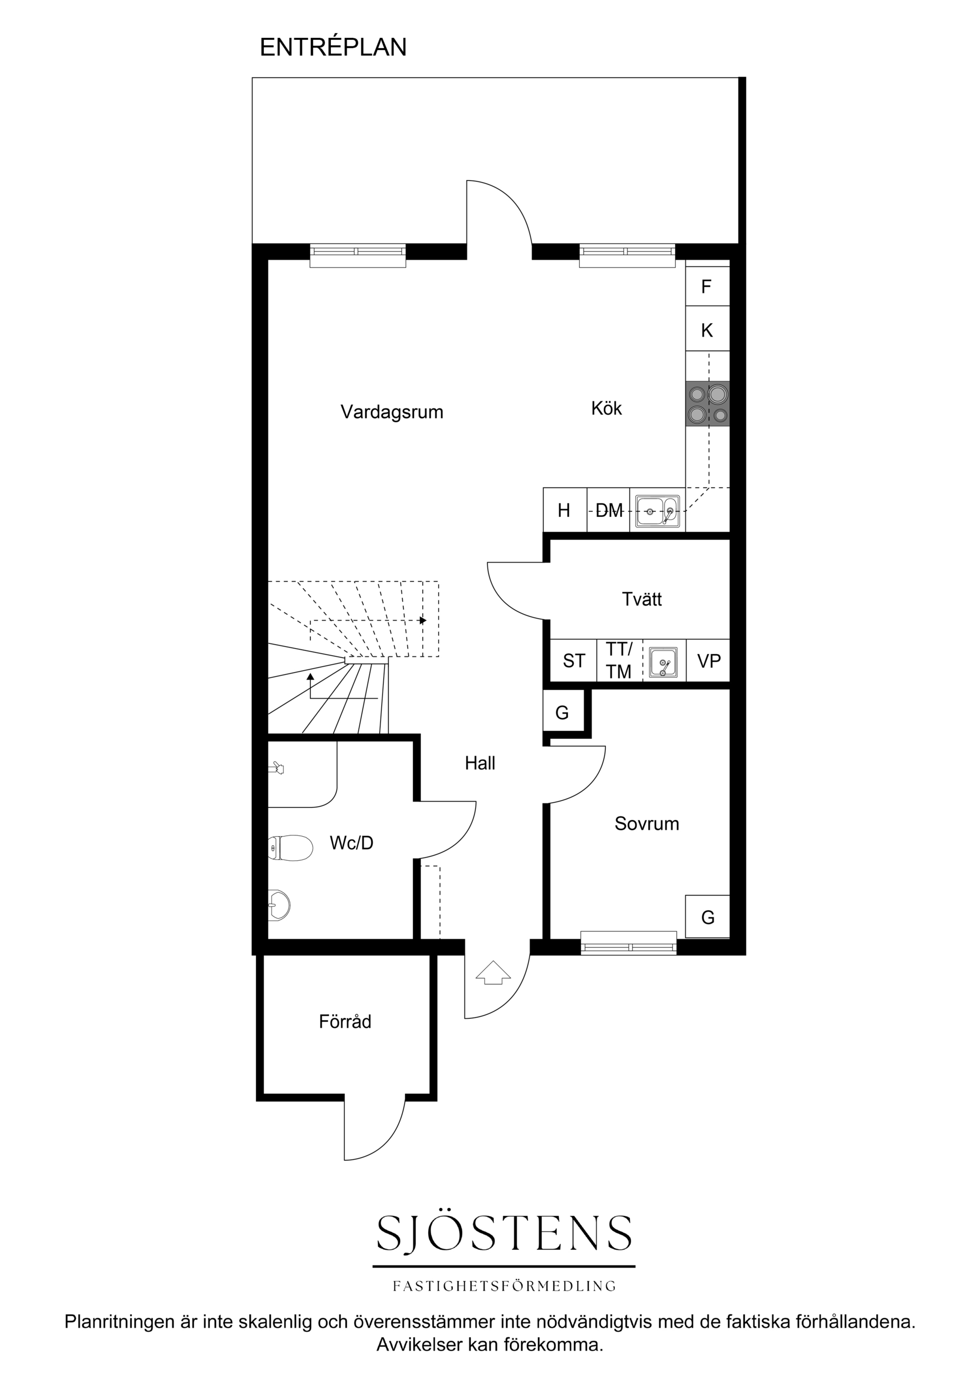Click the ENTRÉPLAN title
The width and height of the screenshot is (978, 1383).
tap(333, 47)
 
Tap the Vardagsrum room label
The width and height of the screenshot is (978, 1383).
tap(392, 412)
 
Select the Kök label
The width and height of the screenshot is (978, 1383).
tap(606, 409)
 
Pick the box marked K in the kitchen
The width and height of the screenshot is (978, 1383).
tap(708, 329)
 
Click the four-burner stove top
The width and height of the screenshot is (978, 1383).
tap(708, 404)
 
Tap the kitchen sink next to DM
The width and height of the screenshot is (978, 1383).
tap(658, 511)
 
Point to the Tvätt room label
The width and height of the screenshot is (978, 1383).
tap(642, 599)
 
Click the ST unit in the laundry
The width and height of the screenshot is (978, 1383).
tap(574, 661)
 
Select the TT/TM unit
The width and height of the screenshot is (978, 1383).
tap(619, 661)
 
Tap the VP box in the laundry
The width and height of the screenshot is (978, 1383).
tap(709, 661)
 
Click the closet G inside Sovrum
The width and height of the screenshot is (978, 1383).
tap(708, 917)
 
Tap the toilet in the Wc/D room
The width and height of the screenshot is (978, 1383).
tap(290, 848)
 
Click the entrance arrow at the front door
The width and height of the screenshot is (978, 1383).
tap(493, 972)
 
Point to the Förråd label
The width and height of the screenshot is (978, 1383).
tap(345, 1022)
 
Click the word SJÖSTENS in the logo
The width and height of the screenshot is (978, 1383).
tap(504, 1232)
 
